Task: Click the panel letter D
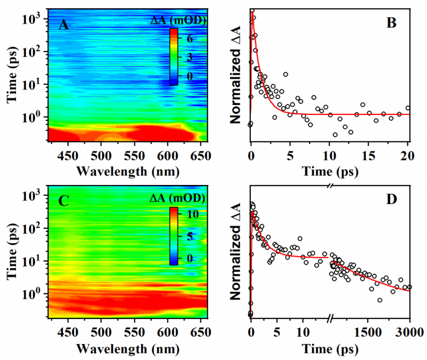pos(391,200)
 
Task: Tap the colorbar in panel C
pos(173,235)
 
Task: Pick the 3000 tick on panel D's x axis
pos(409,330)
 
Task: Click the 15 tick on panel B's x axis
pos(369,155)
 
